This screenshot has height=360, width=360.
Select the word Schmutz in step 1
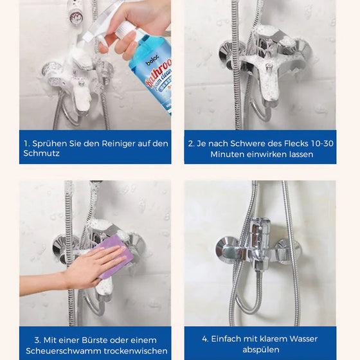pos(41,153)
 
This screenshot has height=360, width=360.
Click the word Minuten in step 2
pos(228,154)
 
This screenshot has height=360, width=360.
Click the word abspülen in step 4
pos(261,350)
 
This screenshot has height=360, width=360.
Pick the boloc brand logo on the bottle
pos(152,60)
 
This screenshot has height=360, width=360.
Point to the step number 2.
pos(191,144)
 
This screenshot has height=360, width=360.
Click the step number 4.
pos(205,339)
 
